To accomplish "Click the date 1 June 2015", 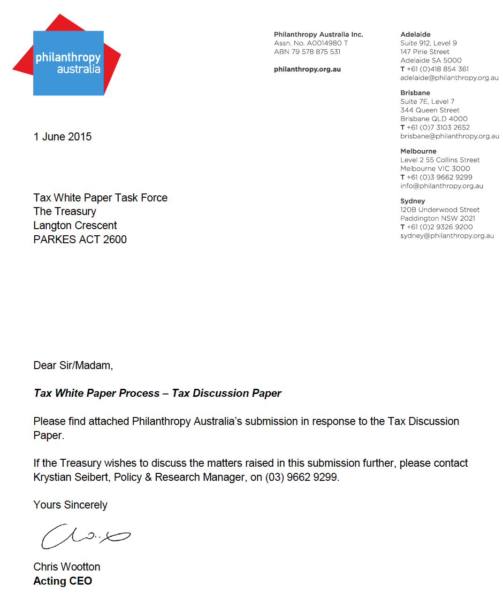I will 62,137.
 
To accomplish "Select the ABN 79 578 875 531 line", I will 307,52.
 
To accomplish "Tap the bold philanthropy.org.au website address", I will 307,69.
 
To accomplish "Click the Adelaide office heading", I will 415,34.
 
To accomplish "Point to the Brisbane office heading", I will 415,93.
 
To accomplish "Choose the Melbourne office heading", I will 418,151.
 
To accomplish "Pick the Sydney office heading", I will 412,201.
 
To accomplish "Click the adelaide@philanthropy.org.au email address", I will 449,78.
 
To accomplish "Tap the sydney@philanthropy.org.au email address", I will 447,236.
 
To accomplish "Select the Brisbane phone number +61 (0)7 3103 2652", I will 438,127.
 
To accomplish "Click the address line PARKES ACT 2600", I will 80,239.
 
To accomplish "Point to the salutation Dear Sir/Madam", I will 73,365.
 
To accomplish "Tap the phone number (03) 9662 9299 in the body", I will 302,477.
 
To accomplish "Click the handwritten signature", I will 84,537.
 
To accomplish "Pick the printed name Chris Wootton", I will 67,567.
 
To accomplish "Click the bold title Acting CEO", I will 62,581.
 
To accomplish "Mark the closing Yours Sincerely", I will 70,505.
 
